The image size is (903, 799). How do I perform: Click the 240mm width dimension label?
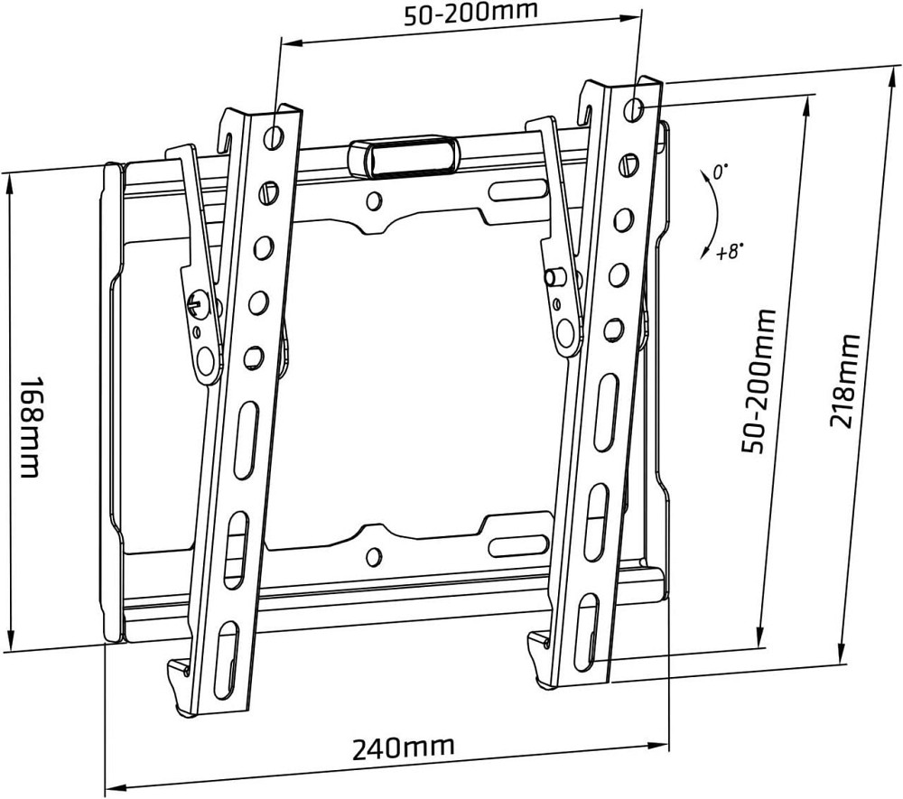coord(403,748)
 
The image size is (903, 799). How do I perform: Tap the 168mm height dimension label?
coord(30,427)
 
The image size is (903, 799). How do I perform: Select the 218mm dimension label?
coord(844,380)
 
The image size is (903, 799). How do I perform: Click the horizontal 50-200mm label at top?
coord(470,13)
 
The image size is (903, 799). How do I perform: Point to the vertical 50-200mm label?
coord(759,382)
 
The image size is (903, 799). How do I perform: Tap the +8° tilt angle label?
coord(729,251)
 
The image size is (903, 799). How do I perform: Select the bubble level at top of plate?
coord(405,155)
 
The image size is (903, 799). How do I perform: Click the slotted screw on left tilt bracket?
coord(197,303)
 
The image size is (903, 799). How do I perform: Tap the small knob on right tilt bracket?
coord(555,277)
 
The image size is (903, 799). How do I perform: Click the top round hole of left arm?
coord(274,135)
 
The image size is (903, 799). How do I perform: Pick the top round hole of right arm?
coord(634,107)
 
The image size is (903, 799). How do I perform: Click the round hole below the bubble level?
coord(374,200)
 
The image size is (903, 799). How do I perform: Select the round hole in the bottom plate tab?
coord(374,556)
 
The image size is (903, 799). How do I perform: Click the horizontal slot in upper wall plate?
coord(518,190)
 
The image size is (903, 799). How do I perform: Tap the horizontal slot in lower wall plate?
coord(518,544)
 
